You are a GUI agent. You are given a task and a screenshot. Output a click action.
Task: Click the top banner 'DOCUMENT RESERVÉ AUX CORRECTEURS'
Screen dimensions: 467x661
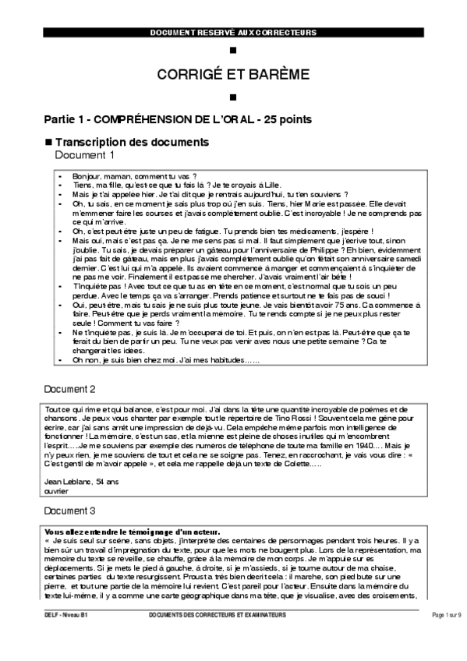pos(233,32)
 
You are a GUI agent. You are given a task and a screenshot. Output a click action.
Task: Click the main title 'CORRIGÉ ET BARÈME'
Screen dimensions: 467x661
pos(233,74)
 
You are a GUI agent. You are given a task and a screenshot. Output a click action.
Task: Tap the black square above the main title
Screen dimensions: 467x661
pos(233,51)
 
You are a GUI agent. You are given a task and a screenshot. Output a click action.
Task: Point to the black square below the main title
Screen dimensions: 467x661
pos(233,97)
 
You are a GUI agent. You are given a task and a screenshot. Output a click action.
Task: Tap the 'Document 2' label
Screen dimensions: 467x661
pos(70,388)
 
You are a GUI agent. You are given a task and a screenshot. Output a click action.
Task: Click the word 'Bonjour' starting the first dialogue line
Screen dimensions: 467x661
pos(86,177)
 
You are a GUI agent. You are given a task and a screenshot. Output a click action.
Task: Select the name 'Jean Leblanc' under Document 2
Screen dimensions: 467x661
pos(65,482)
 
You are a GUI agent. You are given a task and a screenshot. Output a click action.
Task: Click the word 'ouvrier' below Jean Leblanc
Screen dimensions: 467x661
pos(56,492)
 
